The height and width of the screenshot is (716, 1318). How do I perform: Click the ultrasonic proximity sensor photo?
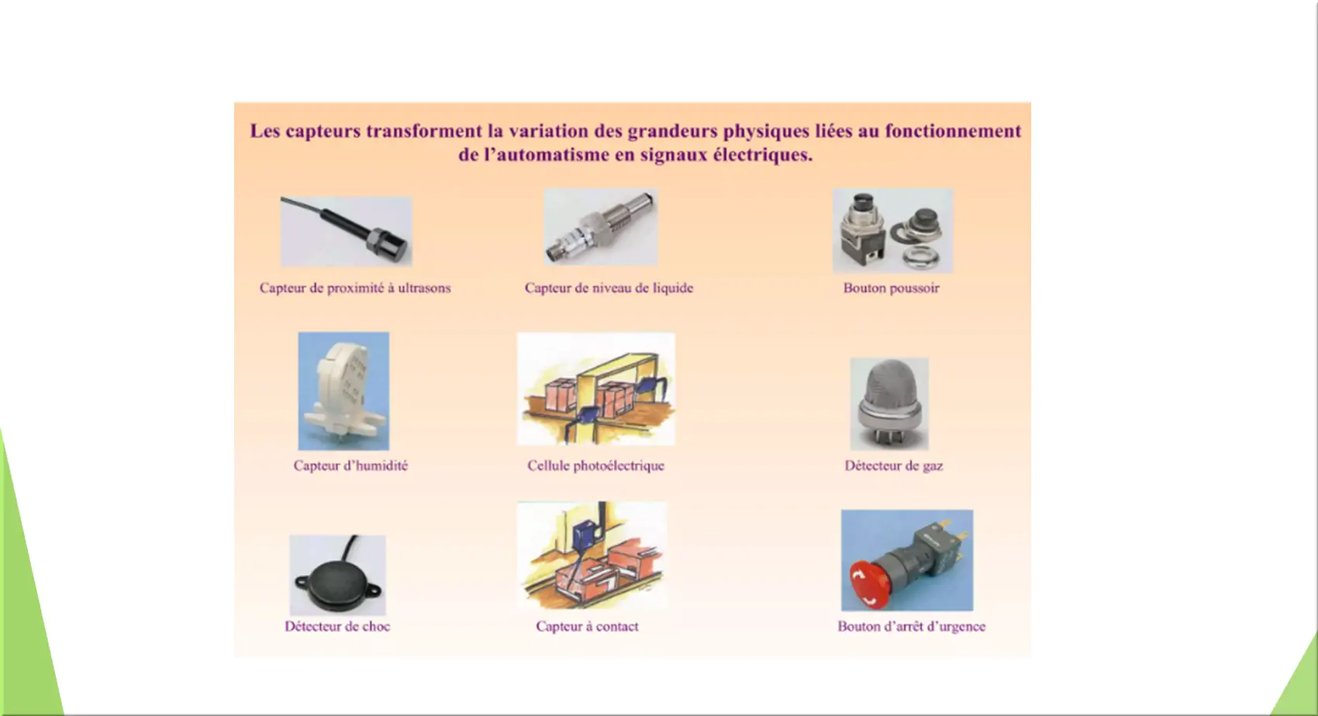(346, 231)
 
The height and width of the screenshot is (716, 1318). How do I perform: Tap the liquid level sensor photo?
(601, 227)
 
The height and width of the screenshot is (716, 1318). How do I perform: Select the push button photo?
(892, 230)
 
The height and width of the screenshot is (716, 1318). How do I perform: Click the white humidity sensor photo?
(343, 391)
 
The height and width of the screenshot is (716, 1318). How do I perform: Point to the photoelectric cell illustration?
(596, 389)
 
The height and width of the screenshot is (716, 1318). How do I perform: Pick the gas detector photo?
(890, 404)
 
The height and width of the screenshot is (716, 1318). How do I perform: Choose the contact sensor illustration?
(592, 555)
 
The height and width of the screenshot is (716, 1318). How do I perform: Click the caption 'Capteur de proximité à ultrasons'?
(355, 288)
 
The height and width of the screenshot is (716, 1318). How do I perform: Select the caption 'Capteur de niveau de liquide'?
(609, 288)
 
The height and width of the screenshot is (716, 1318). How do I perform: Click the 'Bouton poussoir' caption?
(892, 288)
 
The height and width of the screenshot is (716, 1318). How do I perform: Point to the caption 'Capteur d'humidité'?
(350, 465)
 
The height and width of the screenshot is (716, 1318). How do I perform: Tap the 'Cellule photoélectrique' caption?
(595, 465)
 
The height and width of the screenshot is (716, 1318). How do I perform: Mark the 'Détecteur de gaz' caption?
(894, 465)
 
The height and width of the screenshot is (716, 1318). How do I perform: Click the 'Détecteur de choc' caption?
(337, 626)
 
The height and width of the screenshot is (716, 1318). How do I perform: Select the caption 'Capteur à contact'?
(587, 626)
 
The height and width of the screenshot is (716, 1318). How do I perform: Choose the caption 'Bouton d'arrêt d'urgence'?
(912, 626)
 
